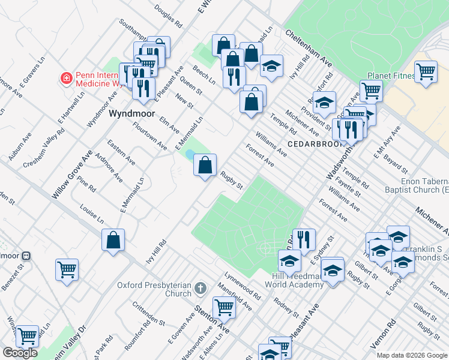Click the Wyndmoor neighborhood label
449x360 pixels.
[x=131, y=113]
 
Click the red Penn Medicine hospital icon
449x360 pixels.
[x=66, y=78]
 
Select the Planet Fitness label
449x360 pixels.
[x=391, y=76]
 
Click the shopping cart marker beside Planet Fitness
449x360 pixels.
[x=426, y=72]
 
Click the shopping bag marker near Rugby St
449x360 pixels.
[x=205, y=164]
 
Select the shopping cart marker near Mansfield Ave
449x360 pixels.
[x=224, y=308]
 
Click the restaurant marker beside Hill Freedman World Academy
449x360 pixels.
[x=304, y=239]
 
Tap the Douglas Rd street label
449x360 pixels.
[x=168, y=18]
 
